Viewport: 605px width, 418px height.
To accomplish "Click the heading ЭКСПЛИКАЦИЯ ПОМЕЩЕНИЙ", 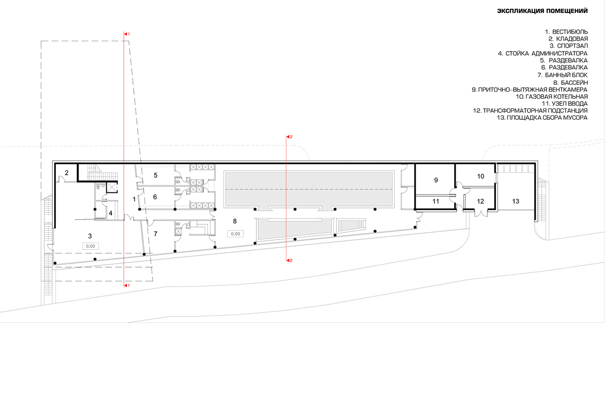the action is click(542, 11).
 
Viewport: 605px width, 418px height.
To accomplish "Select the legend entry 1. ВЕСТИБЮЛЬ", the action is click(566, 32).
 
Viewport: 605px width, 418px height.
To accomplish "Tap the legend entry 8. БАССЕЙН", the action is click(570, 83).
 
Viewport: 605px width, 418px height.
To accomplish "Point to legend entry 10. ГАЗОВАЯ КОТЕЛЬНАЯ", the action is click(552, 97).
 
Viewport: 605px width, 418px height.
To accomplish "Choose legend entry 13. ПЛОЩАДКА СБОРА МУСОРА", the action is click(542, 118).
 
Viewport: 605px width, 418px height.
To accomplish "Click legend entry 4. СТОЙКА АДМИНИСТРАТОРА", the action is click(543, 54).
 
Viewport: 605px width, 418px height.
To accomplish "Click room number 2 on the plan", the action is click(67, 173).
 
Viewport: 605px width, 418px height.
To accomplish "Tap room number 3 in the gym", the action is click(90, 236).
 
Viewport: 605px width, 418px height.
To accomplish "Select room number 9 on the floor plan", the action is click(436, 180).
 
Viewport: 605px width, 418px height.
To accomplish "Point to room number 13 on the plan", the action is click(515, 201).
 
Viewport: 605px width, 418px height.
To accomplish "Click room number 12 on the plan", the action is click(480, 201).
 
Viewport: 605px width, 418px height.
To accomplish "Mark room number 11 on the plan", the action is click(436, 201).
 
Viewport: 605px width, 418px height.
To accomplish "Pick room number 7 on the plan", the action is click(155, 234).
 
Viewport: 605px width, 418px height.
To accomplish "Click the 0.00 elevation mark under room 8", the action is click(235, 234).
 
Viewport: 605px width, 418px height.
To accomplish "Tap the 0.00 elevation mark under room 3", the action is click(91, 246).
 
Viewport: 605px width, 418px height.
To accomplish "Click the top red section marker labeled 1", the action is click(126, 34).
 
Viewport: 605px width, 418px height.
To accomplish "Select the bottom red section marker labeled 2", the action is click(289, 260).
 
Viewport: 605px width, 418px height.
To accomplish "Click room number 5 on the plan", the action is click(155, 175).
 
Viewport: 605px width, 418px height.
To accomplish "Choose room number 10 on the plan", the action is click(480, 176).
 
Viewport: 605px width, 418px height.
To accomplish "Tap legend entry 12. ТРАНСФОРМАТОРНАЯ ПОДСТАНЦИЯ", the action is click(530, 111).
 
